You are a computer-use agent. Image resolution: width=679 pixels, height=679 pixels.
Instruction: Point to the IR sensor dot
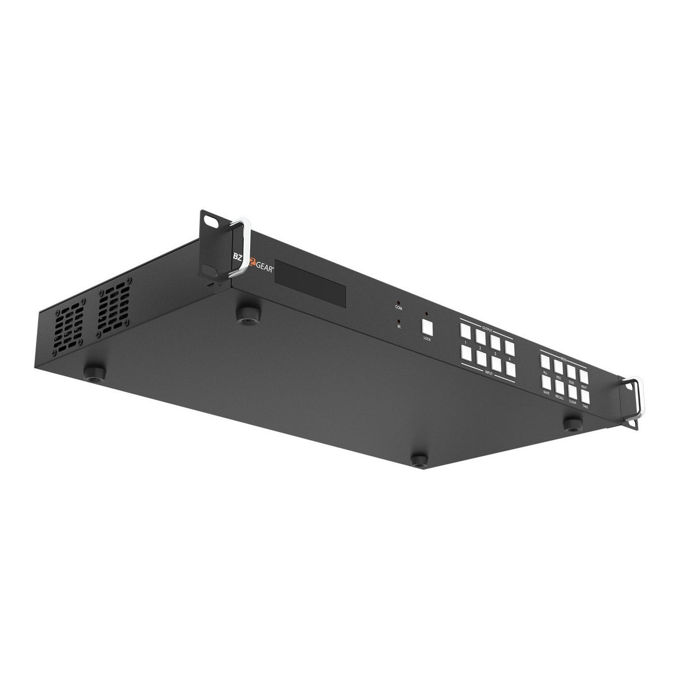pyautogui.click(x=398, y=321)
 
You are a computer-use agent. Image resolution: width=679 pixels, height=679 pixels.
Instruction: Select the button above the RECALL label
pyautogui.click(x=560, y=386)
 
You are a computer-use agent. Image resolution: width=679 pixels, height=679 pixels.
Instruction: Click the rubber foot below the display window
pyautogui.click(x=244, y=312)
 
